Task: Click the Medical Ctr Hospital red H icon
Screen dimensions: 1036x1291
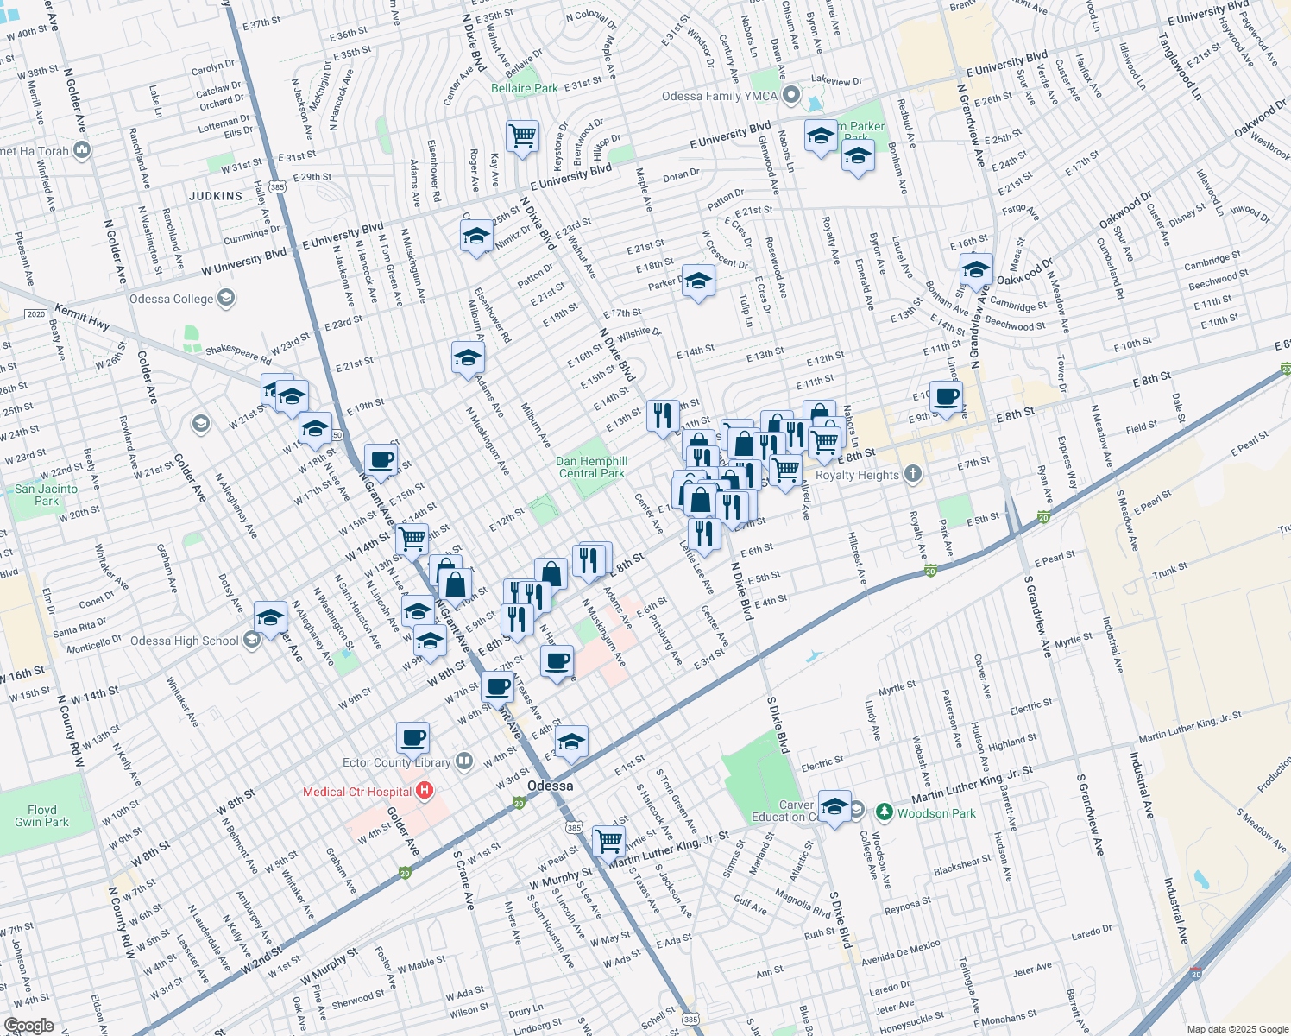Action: tap(424, 791)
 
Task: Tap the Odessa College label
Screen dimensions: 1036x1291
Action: tap(171, 299)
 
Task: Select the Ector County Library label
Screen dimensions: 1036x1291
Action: tap(396, 762)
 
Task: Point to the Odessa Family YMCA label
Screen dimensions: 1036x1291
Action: tap(719, 96)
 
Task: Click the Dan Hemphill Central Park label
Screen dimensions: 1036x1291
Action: tap(592, 467)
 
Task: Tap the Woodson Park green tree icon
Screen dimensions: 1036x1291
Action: tap(884, 812)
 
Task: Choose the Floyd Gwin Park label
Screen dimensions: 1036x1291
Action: tap(42, 816)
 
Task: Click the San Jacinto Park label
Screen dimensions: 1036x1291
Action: tap(46, 495)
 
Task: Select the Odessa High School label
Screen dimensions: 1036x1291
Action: tap(184, 641)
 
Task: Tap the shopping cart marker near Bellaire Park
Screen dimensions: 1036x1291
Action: tap(522, 136)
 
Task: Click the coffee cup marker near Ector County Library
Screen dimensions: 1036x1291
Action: tap(413, 737)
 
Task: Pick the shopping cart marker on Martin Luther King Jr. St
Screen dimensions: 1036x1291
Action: tap(608, 839)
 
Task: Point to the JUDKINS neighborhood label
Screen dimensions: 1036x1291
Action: tap(216, 196)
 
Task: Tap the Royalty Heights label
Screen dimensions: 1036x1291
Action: tap(857, 475)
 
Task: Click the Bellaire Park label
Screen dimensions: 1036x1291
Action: tap(524, 88)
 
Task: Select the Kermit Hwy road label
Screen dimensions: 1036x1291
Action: tap(82, 316)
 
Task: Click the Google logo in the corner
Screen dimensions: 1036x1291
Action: tap(28, 1026)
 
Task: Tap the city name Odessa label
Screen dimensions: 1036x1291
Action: tap(550, 786)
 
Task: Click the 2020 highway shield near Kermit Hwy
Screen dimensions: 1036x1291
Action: tap(35, 314)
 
